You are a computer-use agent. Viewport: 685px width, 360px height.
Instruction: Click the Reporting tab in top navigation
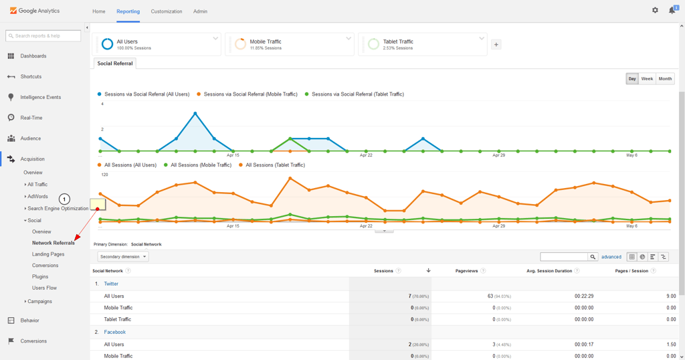128,11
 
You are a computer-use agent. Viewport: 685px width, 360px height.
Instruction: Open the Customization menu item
167,11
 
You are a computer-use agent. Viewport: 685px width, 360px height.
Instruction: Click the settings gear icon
655,10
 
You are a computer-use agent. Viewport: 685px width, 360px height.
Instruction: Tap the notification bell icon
672,10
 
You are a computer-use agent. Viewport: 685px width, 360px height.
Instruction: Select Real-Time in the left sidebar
31,118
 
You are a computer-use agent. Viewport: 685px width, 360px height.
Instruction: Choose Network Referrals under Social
54,243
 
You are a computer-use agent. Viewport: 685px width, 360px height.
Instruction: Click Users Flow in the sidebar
44,288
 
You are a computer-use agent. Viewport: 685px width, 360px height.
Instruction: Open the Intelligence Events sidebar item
40,97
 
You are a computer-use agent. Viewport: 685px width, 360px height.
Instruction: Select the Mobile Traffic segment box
288,44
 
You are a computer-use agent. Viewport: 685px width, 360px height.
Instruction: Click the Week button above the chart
647,79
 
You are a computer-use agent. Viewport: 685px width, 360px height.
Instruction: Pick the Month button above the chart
665,79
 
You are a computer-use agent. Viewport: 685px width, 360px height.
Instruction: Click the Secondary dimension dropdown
123,257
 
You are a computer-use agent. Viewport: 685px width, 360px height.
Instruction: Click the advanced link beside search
611,257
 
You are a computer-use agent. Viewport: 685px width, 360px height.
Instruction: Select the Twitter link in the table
111,284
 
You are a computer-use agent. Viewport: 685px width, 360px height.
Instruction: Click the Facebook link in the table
114,332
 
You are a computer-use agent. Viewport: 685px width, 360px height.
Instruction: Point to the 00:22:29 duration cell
583,296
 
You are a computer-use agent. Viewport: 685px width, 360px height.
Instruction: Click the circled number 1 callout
65,199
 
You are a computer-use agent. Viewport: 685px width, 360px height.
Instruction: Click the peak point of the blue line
195,114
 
